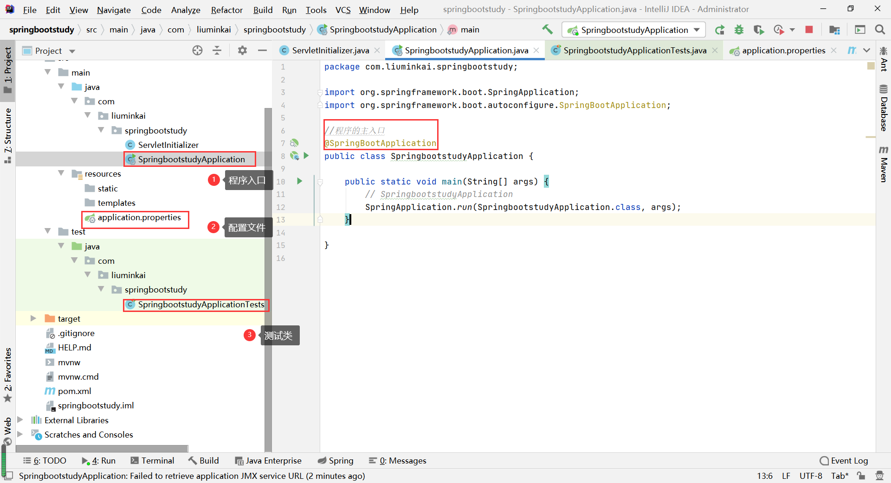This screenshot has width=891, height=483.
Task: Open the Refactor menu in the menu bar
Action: coord(226,10)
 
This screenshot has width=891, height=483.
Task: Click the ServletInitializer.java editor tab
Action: coord(330,51)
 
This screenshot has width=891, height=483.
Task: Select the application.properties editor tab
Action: coord(783,51)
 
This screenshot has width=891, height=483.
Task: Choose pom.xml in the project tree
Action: coord(74,391)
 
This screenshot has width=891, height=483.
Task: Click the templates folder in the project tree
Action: coord(116,203)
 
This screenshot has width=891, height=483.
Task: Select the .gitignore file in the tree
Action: coord(76,333)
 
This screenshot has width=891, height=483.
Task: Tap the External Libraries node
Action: coord(76,420)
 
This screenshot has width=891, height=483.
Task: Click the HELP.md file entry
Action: coord(74,348)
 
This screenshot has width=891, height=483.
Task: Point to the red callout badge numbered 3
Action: coord(250,335)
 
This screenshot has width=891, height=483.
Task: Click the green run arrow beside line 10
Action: coord(300,181)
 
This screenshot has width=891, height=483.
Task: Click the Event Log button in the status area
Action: coord(844,461)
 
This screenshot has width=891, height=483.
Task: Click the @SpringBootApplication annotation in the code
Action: coord(381,143)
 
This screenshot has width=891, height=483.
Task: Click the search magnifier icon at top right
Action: coord(879,30)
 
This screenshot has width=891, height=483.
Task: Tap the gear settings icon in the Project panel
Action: coord(242,50)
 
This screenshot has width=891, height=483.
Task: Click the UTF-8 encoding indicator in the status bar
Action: coord(811,476)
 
